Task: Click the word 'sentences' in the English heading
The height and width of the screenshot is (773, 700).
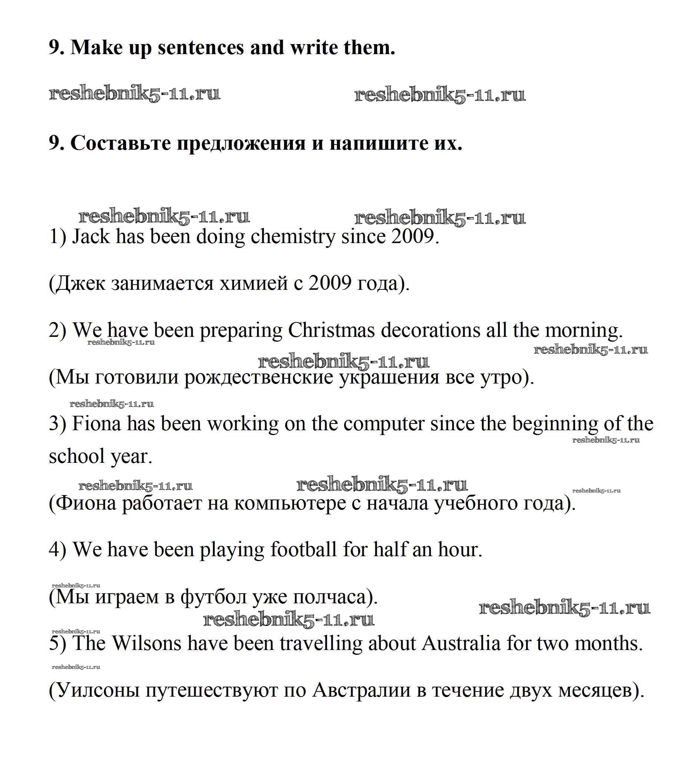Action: (x=201, y=48)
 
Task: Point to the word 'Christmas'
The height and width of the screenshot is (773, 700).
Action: (x=331, y=330)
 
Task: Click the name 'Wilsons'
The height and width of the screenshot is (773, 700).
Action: (x=146, y=643)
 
